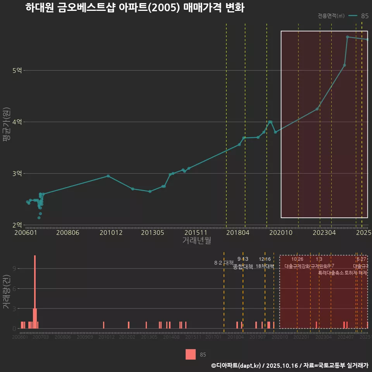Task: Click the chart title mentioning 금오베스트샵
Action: coord(134,8)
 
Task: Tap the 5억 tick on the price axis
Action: coord(17,71)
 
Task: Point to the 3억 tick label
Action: coord(17,174)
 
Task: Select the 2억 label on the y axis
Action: coord(17,225)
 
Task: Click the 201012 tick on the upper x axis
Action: coord(111,233)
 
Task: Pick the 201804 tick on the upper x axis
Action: coord(238,233)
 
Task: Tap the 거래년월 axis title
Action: coord(196,241)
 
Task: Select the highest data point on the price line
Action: coord(348,37)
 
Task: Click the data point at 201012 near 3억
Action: coord(108,176)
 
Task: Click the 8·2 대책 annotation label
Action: coord(221,263)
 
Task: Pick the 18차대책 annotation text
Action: coord(265,266)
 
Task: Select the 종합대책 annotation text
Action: coord(243,266)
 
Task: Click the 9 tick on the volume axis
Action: coord(14,269)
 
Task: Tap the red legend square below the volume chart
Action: coord(191,355)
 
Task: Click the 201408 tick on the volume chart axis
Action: coord(171,338)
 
